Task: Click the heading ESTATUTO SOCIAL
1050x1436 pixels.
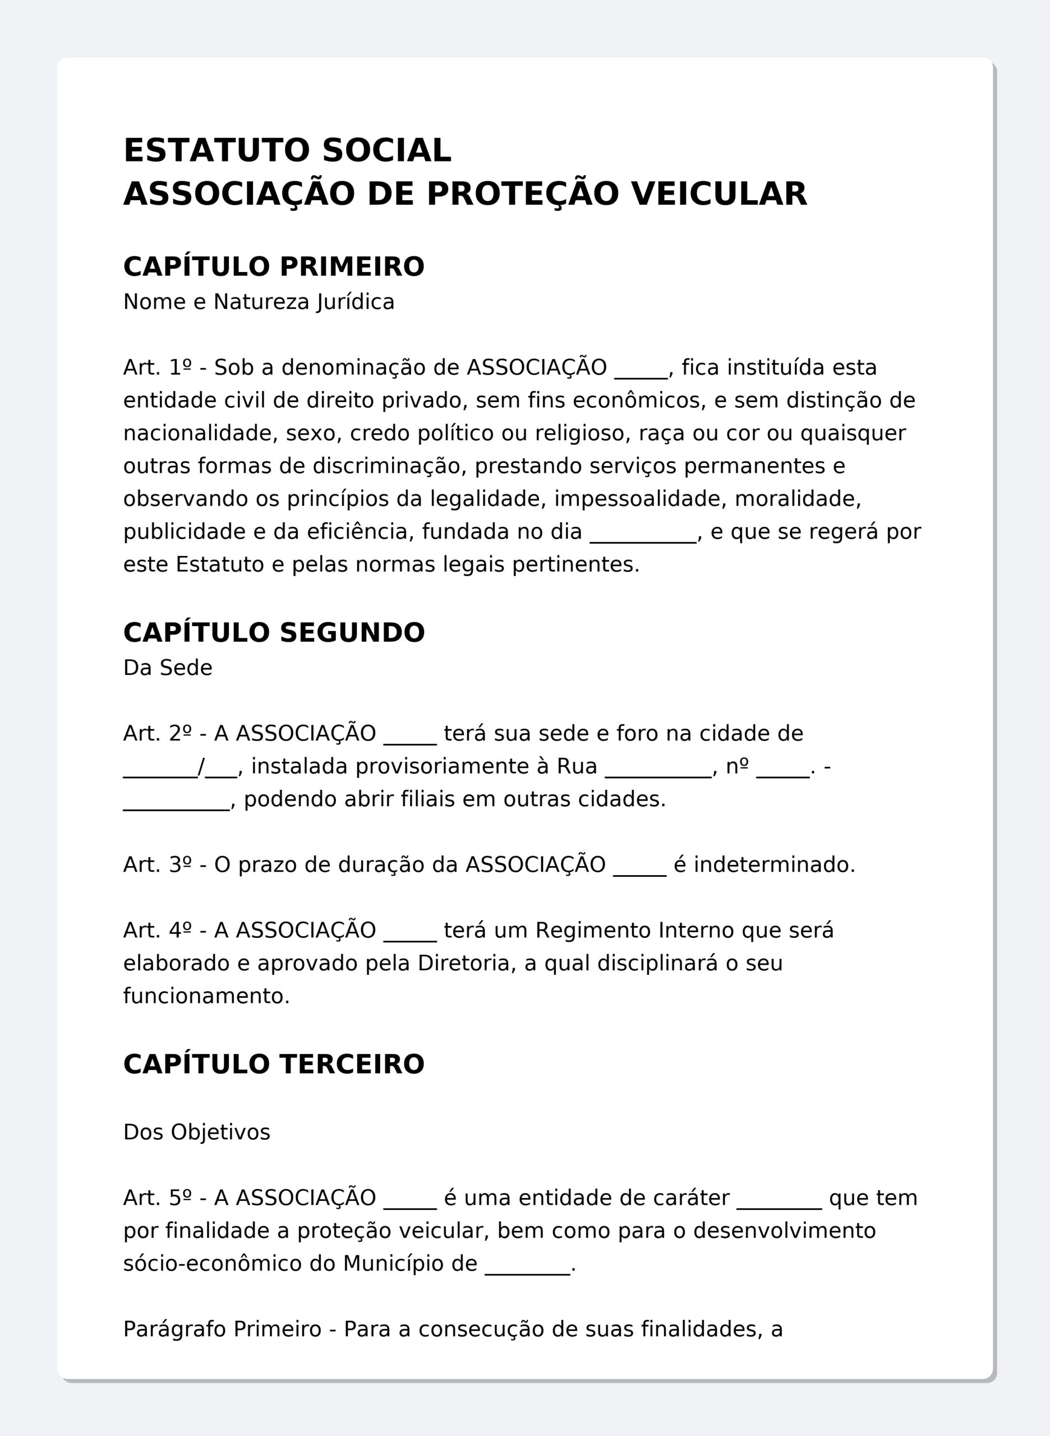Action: point(287,151)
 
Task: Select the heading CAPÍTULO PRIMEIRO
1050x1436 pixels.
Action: point(273,266)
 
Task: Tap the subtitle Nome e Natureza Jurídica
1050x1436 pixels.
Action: point(259,302)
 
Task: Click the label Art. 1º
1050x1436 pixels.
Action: point(157,367)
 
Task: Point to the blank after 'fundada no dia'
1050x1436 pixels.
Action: point(643,532)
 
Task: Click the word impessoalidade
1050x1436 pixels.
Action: point(640,499)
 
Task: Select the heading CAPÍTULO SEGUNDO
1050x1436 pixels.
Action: point(273,633)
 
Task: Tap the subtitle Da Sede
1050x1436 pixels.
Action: point(168,668)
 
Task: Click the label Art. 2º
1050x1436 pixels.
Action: point(157,734)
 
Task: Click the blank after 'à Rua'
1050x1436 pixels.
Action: point(658,767)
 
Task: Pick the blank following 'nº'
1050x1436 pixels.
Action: point(782,767)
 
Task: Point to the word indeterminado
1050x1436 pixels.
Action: point(774,865)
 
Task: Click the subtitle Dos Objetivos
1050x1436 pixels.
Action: point(196,1132)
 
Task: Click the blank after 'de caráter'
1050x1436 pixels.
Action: point(779,1198)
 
